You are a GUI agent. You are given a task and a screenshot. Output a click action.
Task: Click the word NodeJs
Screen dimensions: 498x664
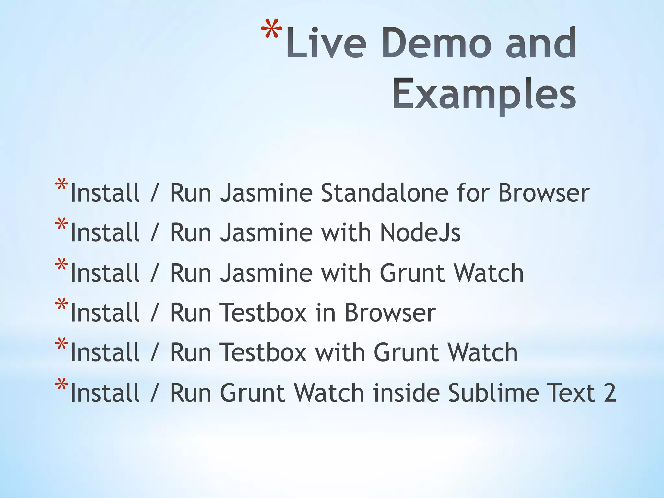click(x=420, y=233)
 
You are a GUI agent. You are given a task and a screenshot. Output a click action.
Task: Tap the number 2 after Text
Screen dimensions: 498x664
click(x=610, y=393)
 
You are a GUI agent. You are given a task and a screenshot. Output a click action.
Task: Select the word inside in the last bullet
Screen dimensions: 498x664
click(x=407, y=393)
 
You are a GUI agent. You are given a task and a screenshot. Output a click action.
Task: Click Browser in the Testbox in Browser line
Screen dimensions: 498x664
click(x=390, y=313)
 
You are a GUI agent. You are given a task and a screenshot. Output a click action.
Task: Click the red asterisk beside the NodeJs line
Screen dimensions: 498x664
click(x=62, y=225)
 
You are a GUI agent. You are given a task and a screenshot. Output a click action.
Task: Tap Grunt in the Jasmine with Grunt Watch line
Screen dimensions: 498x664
click(x=412, y=273)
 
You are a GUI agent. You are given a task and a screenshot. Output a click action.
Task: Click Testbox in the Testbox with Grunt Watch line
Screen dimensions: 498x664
click(x=263, y=353)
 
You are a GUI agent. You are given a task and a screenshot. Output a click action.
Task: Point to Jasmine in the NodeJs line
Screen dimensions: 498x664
click(x=266, y=233)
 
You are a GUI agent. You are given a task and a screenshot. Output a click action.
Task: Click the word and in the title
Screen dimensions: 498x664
click(x=540, y=44)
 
